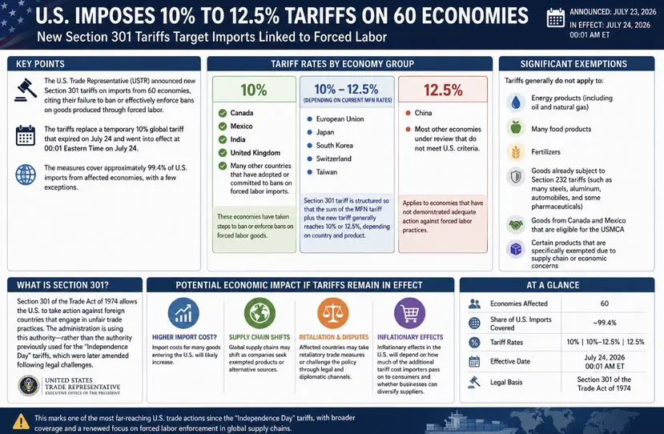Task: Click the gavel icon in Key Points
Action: click(26, 90)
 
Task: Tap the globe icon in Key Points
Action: click(26, 174)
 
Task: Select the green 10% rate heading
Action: click(254, 90)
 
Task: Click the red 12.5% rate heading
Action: click(443, 90)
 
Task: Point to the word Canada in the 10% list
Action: click(242, 113)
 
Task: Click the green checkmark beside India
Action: click(223, 139)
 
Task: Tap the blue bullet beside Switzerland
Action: click(309, 159)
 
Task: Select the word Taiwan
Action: click(327, 172)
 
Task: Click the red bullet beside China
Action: click(408, 113)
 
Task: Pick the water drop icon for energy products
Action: click(516, 102)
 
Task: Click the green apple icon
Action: click(516, 128)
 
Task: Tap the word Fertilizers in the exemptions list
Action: click(545, 151)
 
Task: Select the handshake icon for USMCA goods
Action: click(516, 225)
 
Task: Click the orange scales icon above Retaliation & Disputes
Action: click(333, 313)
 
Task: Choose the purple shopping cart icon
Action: click(409, 313)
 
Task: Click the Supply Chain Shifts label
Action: click(260, 337)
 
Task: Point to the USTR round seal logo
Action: click(29, 386)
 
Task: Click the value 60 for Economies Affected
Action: click(604, 303)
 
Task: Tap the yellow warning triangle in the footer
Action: click(21, 422)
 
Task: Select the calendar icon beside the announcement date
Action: click(556, 18)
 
